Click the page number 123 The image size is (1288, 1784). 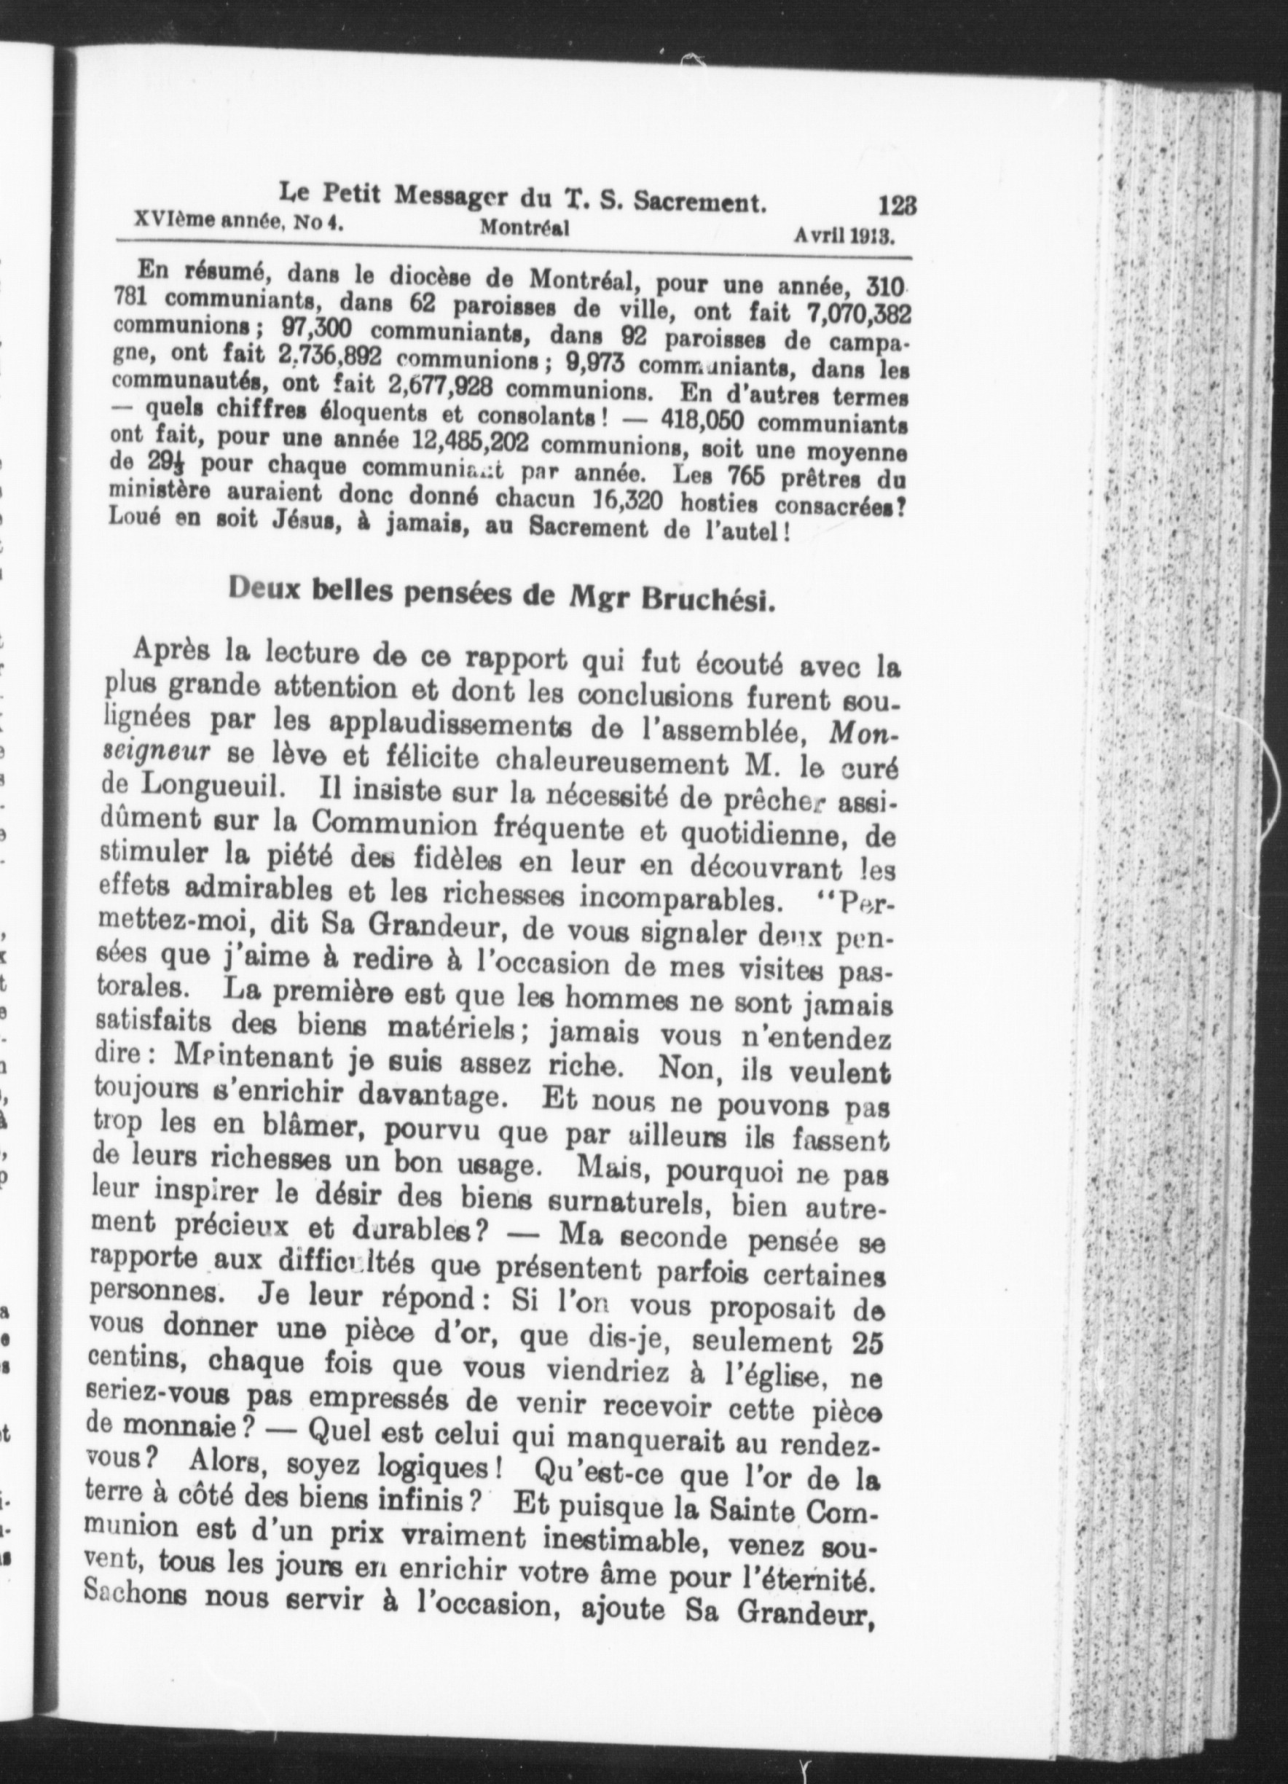tap(896, 206)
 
